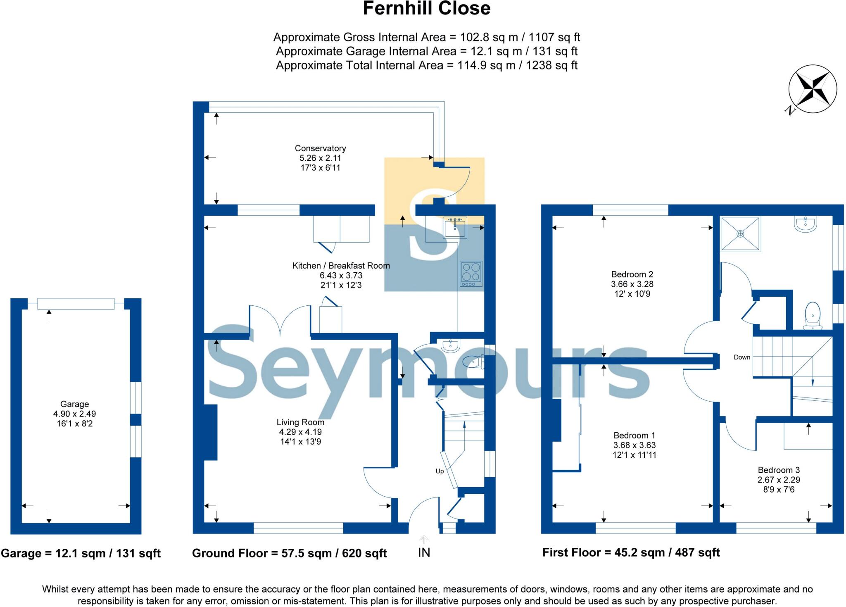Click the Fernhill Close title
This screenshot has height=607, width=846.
point(426,9)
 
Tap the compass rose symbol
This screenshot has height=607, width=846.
point(812,89)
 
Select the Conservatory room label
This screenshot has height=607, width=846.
point(320,148)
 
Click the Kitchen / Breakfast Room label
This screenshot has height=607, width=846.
point(341,266)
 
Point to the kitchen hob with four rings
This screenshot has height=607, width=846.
point(471,274)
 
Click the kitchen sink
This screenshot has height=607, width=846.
point(455,228)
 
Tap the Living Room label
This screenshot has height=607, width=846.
point(300,422)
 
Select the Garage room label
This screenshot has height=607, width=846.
point(74,404)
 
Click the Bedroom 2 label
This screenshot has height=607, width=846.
point(632,274)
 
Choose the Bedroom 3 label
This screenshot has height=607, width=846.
point(779,470)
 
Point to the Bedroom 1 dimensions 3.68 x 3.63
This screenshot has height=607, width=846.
point(634,445)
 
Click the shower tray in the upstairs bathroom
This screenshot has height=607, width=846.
point(740,234)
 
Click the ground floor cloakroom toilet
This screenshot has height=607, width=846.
point(473,362)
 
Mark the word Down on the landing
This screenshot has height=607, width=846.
point(742,357)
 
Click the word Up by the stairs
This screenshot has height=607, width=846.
point(440,471)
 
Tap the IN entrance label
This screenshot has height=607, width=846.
point(424,552)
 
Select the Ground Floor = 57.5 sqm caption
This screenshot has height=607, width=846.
point(289,553)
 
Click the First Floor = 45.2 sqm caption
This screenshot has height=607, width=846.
point(631,552)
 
